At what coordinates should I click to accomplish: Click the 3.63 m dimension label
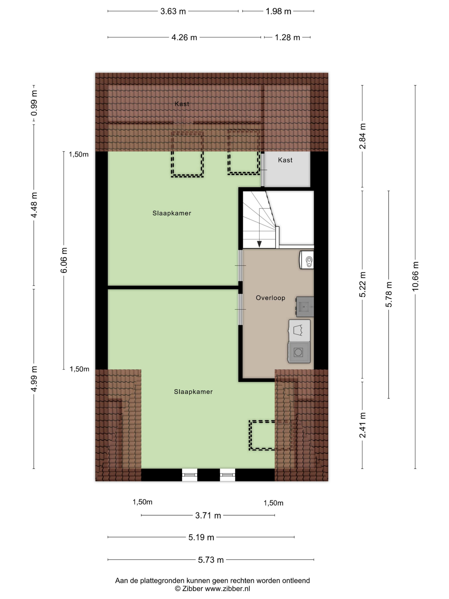pyautogui.click(x=173, y=11)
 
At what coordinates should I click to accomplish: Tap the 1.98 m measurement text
pyautogui.click(x=278, y=11)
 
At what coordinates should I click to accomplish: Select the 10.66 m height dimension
pyautogui.click(x=415, y=276)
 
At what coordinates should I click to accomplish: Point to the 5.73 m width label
pyautogui.click(x=211, y=560)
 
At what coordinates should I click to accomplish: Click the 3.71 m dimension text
pyautogui.click(x=208, y=515)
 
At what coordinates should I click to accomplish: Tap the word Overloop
pyautogui.click(x=270, y=298)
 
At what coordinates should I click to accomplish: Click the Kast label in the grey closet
pyautogui.click(x=285, y=160)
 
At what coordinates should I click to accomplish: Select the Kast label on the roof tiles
pyautogui.click(x=182, y=104)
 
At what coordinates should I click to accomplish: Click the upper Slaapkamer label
pyautogui.click(x=172, y=213)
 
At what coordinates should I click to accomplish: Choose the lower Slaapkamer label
pyautogui.click(x=193, y=391)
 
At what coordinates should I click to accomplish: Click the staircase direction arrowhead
pyautogui.click(x=259, y=244)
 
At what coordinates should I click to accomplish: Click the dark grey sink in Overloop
pyautogui.click(x=305, y=307)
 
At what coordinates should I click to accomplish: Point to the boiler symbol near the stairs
pyautogui.click(x=307, y=260)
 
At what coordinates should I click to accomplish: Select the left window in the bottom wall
pyautogui.click(x=189, y=475)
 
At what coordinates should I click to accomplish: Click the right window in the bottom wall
pyautogui.click(x=227, y=475)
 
